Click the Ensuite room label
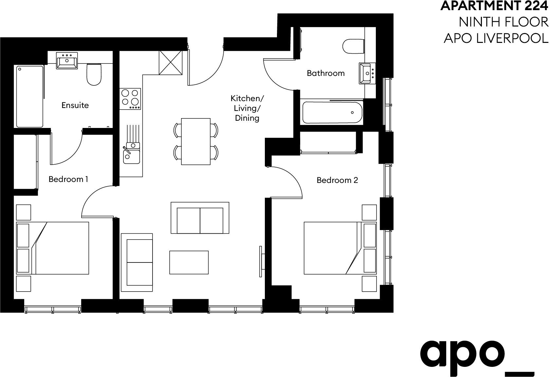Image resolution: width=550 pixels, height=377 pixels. click(75, 105)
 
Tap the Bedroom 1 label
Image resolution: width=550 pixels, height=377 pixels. click(68, 179)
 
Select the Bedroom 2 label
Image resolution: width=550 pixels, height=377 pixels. click(337, 180)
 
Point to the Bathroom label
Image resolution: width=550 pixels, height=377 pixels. click(325, 73)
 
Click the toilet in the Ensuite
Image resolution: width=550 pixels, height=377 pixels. click(94, 74)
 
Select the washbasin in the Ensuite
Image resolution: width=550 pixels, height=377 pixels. click(67, 69)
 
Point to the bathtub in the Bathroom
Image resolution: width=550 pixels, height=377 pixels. click(333, 112)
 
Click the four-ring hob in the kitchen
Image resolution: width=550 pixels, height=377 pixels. click(130, 99)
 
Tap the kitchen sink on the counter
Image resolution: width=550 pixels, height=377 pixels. click(131, 153)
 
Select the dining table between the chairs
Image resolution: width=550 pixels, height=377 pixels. click(196, 141)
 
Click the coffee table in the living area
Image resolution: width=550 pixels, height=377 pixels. click(189, 262)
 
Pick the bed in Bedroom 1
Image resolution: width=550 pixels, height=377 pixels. click(53, 248)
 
